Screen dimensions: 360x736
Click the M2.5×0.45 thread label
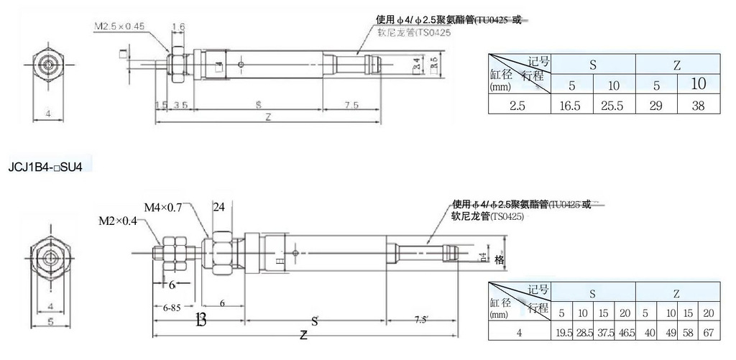119,27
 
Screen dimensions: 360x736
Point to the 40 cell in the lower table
647,332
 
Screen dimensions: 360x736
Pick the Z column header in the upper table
676,64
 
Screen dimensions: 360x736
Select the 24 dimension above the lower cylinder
219,207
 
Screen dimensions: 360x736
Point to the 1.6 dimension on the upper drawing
178,27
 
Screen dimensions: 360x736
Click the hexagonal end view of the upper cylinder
48,65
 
